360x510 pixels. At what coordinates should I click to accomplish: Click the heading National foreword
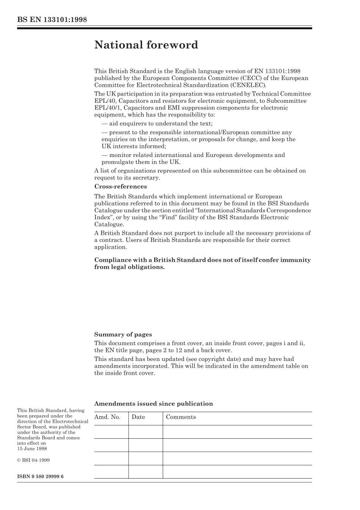tap(146, 45)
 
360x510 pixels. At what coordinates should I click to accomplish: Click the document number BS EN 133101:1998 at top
tap(52, 19)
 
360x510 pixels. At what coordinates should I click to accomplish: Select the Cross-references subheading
tap(120, 187)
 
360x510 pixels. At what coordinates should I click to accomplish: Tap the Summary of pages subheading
tap(123, 334)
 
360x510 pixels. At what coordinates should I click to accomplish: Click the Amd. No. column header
tap(107, 417)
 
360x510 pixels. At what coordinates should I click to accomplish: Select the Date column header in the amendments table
tap(138, 417)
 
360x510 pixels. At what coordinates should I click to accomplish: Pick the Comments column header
tap(181, 417)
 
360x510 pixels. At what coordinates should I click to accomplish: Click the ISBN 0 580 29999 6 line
tap(40, 476)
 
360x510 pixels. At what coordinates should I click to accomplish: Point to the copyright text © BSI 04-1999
tap(33, 460)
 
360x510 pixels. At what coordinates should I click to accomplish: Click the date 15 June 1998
tap(32, 449)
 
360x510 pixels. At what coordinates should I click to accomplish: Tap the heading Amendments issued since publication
tap(153, 404)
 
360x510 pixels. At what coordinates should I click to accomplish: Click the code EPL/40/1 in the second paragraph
tap(108, 108)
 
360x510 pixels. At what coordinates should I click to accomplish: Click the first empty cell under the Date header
tap(146, 432)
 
